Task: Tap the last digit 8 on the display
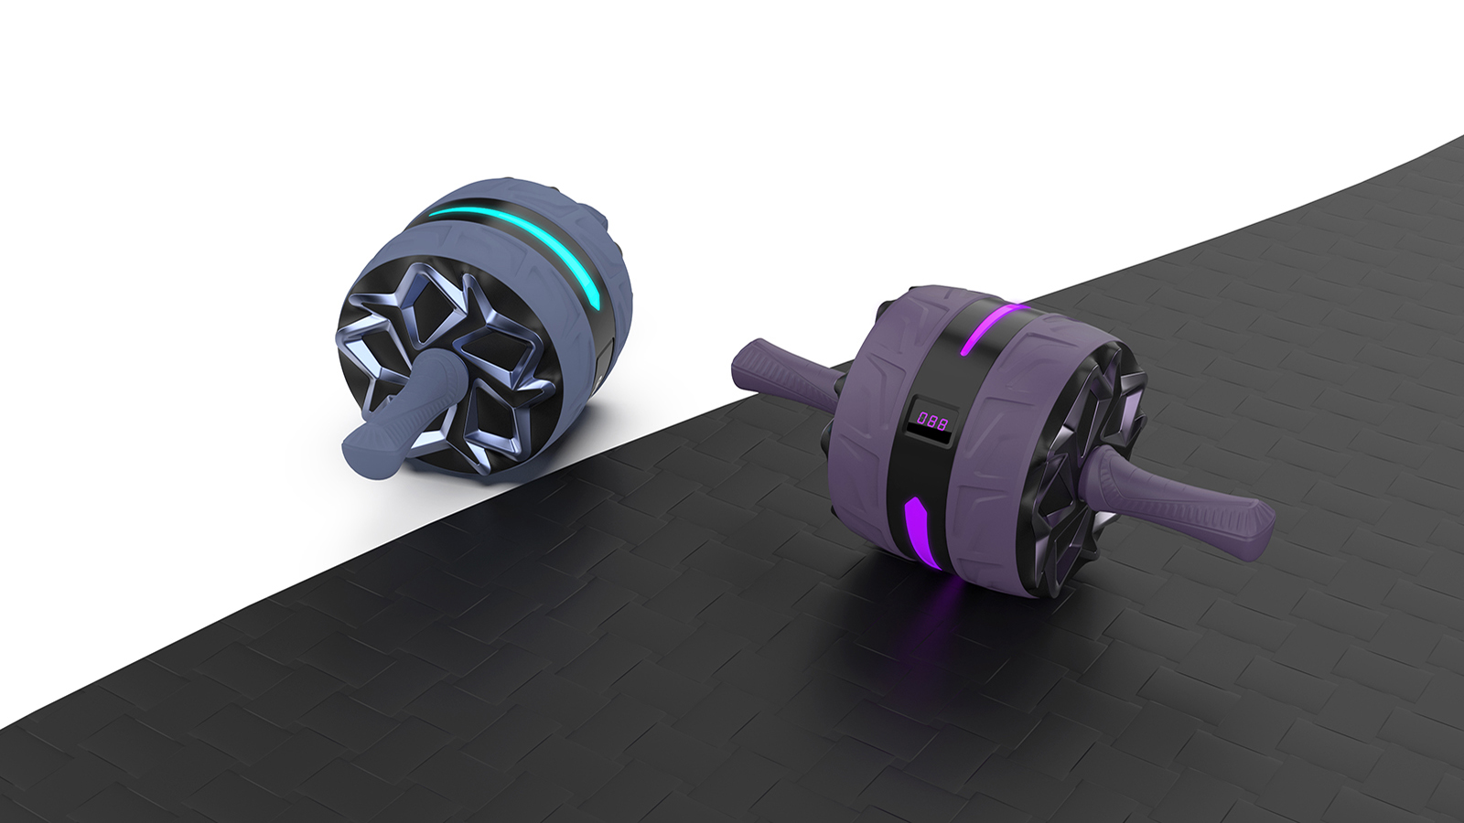(942, 422)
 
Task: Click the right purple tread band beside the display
(1006, 439)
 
